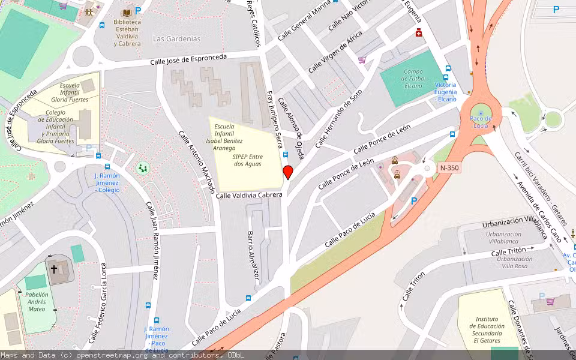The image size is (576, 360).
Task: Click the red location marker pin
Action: pos(287,173)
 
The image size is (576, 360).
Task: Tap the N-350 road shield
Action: pos(449,168)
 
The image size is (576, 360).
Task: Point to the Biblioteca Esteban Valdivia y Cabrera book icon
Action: pos(127,13)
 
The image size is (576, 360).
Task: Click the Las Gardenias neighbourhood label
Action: pos(176,39)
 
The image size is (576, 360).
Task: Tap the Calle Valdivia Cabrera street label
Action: pos(249,195)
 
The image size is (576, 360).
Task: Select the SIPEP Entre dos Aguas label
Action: pos(247,160)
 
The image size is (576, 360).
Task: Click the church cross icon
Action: pos(53,269)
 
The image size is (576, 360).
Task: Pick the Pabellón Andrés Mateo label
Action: pos(36,302)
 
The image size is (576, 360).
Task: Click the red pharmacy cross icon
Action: pos(418,34)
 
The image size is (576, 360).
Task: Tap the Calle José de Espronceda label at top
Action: pos(188,59)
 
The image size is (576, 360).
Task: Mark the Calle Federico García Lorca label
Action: pos(96,303)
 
